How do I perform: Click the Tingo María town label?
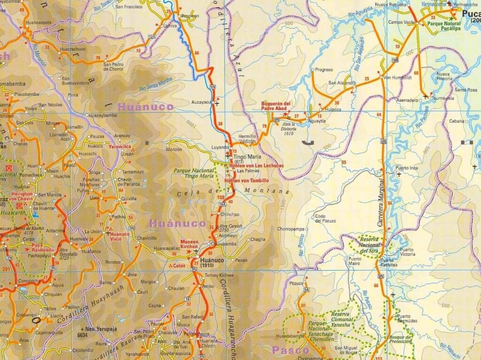coord(247,157)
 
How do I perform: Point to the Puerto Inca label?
coord(406,168)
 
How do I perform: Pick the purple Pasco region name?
coord(290,350)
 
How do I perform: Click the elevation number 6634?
coord(83,335)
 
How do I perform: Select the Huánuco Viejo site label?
coord(120,236)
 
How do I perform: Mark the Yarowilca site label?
coord(120,146)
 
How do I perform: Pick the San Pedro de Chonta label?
coord(113,67)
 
